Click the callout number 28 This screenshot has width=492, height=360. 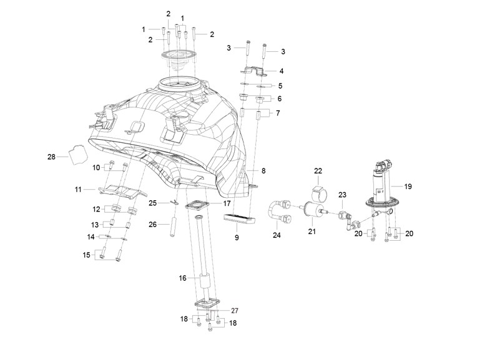pyautogui.click(x=51, y=157)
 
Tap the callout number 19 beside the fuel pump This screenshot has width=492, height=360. pyautogui.click(x=408, y=187)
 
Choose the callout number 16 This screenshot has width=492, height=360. pyautogui.click(x=182, y=278)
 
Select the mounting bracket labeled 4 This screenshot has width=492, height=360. pyautogui.click(x=253, y=72)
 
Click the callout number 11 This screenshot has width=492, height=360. pyautogui.click(x=78, y=190)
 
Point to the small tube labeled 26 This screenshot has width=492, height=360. pyautogui.click(x=172, y=226)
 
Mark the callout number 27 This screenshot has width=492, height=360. pyautogui.click(x=235, y=311)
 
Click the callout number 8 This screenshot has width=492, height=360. pyautogui.click(x=263, y=171)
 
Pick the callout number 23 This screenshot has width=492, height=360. pyautogui.click(x=342, y=195)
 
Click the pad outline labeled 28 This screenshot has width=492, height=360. pyautogui.click(x=77, y=155)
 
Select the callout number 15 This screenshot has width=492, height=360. pyautogui.click(x=87, y=255)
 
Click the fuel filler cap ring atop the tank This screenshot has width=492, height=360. pyautogui.click(x=179, y=54)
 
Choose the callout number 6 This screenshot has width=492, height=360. pyautogui.click(x=279, y=99)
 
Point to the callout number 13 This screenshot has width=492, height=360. pyautogui.click(x=95, y=225)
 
